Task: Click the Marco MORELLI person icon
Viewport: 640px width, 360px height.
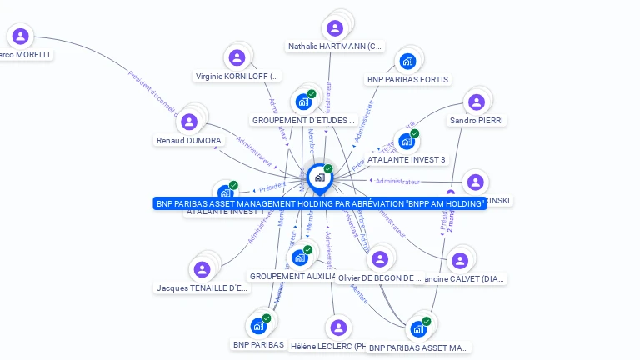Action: pos(21,36)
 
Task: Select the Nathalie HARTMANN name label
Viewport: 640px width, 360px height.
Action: pos(335,47)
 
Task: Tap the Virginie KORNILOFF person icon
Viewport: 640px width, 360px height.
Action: pos(237,57)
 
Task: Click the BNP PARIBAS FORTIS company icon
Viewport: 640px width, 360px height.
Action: pos(407,61)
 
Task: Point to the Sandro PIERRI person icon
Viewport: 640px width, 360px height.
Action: pos(476,102)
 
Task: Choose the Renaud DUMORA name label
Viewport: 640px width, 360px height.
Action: pos(189,141)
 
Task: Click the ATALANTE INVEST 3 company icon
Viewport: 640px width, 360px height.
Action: pos(406,141)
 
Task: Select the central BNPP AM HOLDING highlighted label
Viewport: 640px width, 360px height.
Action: pos(320,203)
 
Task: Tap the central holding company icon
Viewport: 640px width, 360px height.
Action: pos(318,177)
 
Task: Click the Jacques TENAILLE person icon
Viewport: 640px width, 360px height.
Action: pos(202,269)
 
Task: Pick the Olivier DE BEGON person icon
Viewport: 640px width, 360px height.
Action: pos(380,259)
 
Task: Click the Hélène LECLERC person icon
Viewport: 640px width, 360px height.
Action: pos(337,327)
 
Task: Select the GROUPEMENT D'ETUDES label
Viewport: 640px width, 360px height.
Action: pos(304,121)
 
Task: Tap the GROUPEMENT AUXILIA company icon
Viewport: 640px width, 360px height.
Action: pos(300,257)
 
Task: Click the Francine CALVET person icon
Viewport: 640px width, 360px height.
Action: pos(458,260)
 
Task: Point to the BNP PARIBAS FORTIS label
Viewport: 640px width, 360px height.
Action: pos(407,80)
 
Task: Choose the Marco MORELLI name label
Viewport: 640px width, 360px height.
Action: pos(25,55)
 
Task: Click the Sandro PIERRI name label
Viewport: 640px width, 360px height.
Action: pos(477,121)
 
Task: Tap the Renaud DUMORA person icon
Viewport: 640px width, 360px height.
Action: pos(189,122)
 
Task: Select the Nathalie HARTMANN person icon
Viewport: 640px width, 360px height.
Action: pos(335,28)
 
